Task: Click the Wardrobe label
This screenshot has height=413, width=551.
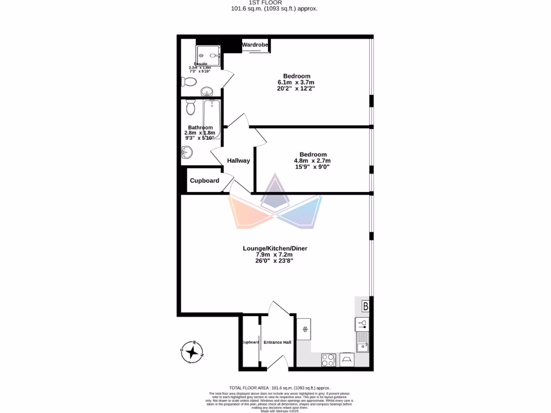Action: point(255,45)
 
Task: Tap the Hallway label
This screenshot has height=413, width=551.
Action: point(238,161)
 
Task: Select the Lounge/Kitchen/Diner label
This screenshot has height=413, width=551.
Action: point(275,248)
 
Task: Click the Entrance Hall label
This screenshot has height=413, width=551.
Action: point(277,343)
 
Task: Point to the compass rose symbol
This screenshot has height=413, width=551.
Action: point(192,352)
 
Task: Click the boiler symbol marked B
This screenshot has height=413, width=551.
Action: point(365,307)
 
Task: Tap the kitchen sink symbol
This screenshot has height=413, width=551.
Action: point(362,340)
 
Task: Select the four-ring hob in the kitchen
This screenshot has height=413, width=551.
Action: point(328,360)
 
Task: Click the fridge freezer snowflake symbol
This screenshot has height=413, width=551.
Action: point(304,329)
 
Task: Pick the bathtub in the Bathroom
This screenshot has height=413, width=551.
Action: point(211,119)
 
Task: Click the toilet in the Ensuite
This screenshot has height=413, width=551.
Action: point(188,82)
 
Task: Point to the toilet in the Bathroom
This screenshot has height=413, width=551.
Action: point(189,108)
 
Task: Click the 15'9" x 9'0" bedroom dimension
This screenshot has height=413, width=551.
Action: point(312,167)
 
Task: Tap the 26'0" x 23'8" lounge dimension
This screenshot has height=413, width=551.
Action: point(275,261)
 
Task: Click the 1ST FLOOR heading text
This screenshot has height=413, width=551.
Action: point(275,3)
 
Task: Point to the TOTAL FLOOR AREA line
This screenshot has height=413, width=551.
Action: point(280,388)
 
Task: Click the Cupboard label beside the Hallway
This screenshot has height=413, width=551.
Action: point(204,181)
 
